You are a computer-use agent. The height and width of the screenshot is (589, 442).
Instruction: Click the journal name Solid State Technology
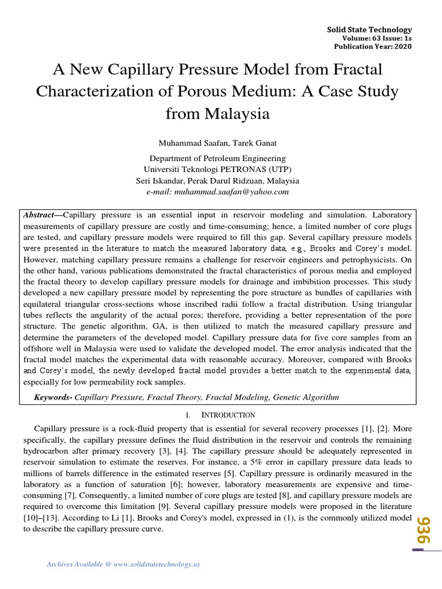coord(369,29)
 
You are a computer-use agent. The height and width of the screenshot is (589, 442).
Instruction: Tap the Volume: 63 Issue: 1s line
coord(378,39)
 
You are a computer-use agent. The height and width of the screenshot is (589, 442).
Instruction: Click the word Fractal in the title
coord(355,70)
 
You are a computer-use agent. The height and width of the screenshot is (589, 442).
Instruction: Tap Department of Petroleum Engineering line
coord(217,158)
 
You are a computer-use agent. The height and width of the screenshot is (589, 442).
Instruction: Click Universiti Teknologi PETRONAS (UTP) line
coord(217,169)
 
